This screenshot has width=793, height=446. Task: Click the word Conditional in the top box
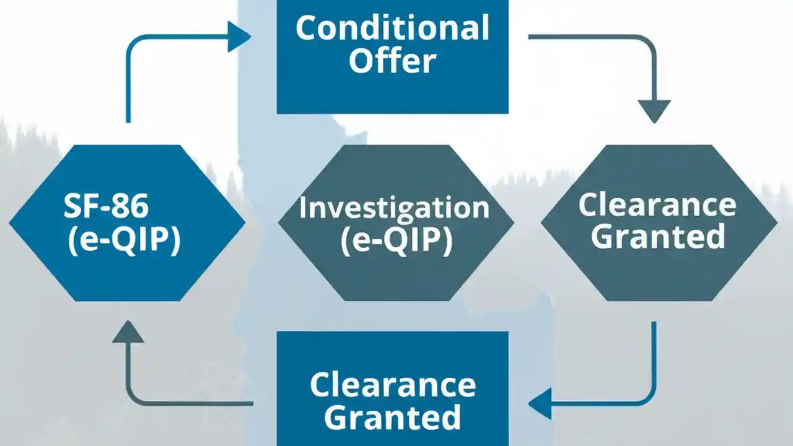point(392,28)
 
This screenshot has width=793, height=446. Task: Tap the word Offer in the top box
point(392,62)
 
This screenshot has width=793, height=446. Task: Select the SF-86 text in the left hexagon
point(106,206)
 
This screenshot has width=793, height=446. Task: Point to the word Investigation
point(395,208)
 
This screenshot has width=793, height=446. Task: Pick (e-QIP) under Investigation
point(395,242)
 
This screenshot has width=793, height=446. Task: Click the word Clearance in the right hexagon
point(657,205)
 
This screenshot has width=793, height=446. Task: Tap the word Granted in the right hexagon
point(657,237)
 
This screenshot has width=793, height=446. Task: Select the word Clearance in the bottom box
point(393,385)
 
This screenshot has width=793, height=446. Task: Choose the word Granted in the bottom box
point(393,417)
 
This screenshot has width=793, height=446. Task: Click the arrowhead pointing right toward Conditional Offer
point(238,37)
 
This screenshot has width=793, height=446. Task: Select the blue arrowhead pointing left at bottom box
point(540,404)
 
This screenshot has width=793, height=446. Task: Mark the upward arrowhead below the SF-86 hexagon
point(128,333)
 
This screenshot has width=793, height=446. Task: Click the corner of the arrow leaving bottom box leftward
point(131,400)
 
